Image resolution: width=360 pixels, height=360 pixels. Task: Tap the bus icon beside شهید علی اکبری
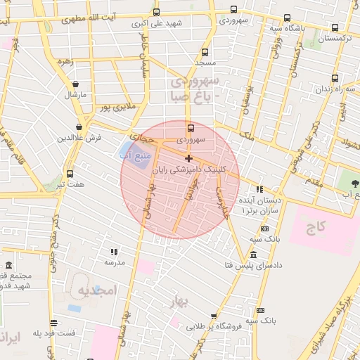[x=156, y=12]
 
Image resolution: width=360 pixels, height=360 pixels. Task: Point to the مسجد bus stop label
[x=205, y=63]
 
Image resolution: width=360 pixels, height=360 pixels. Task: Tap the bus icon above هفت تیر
[x=70, y=174]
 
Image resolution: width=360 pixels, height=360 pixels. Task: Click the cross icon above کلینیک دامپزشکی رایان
[x=188, y=158]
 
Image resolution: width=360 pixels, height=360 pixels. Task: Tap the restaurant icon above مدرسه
[x=114, y=251]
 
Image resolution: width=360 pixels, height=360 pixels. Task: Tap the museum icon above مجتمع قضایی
[x=9, y=266]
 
